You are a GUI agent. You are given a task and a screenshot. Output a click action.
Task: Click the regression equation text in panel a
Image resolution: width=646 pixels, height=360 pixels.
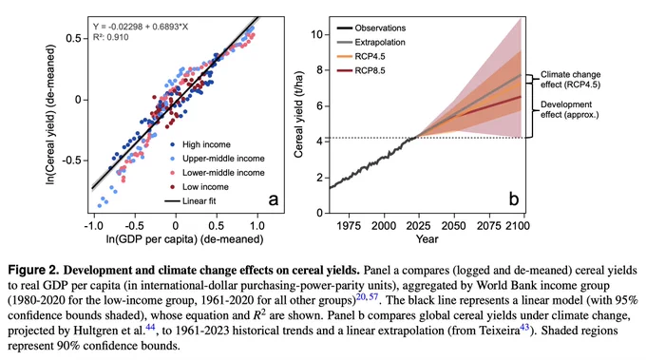click(x=141, y=27)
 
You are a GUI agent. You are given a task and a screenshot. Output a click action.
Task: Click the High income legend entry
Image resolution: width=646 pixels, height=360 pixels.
click(x=200, y=144)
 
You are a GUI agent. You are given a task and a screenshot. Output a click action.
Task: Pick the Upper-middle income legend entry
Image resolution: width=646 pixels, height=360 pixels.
click(x=218, y=159)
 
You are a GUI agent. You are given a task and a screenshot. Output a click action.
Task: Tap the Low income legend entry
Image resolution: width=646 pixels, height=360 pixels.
click(x=199, y=187)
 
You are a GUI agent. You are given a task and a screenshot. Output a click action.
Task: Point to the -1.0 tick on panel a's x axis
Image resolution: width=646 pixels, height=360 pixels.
click(x=93, y=226)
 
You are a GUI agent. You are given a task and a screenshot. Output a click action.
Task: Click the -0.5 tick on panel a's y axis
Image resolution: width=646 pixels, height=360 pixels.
click(x=72, y=161)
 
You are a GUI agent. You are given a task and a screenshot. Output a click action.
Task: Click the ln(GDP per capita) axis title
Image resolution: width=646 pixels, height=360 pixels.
click(x=184, y=239)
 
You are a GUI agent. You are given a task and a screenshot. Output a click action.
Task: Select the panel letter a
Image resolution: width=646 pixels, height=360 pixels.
click(x=274, y=199)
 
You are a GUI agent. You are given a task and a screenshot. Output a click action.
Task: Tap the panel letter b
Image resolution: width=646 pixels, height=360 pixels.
click(x=514, y=199)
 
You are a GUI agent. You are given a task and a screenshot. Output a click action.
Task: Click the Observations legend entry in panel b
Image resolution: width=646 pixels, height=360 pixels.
click(x=371, y=28)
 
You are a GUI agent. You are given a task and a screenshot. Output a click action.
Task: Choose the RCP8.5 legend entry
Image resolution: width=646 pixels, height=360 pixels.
click(x=361, y=71)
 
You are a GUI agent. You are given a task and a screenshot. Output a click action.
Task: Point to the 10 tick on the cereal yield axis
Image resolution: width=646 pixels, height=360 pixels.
click(x=316, y=34)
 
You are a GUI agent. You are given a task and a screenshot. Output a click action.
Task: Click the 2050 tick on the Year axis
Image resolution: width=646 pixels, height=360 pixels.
click(x=454, y=226)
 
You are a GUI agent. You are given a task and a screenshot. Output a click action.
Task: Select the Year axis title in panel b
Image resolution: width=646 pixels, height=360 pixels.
click(x=427, y=239)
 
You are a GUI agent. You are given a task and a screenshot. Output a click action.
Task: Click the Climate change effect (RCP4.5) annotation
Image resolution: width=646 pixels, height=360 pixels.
click(x=571, y=80)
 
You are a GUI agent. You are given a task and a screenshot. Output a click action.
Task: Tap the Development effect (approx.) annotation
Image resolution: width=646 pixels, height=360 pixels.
click(x=570, y=109)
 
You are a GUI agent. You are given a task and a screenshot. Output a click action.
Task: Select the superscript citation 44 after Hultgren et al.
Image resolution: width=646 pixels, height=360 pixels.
click(x=150, y=328)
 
